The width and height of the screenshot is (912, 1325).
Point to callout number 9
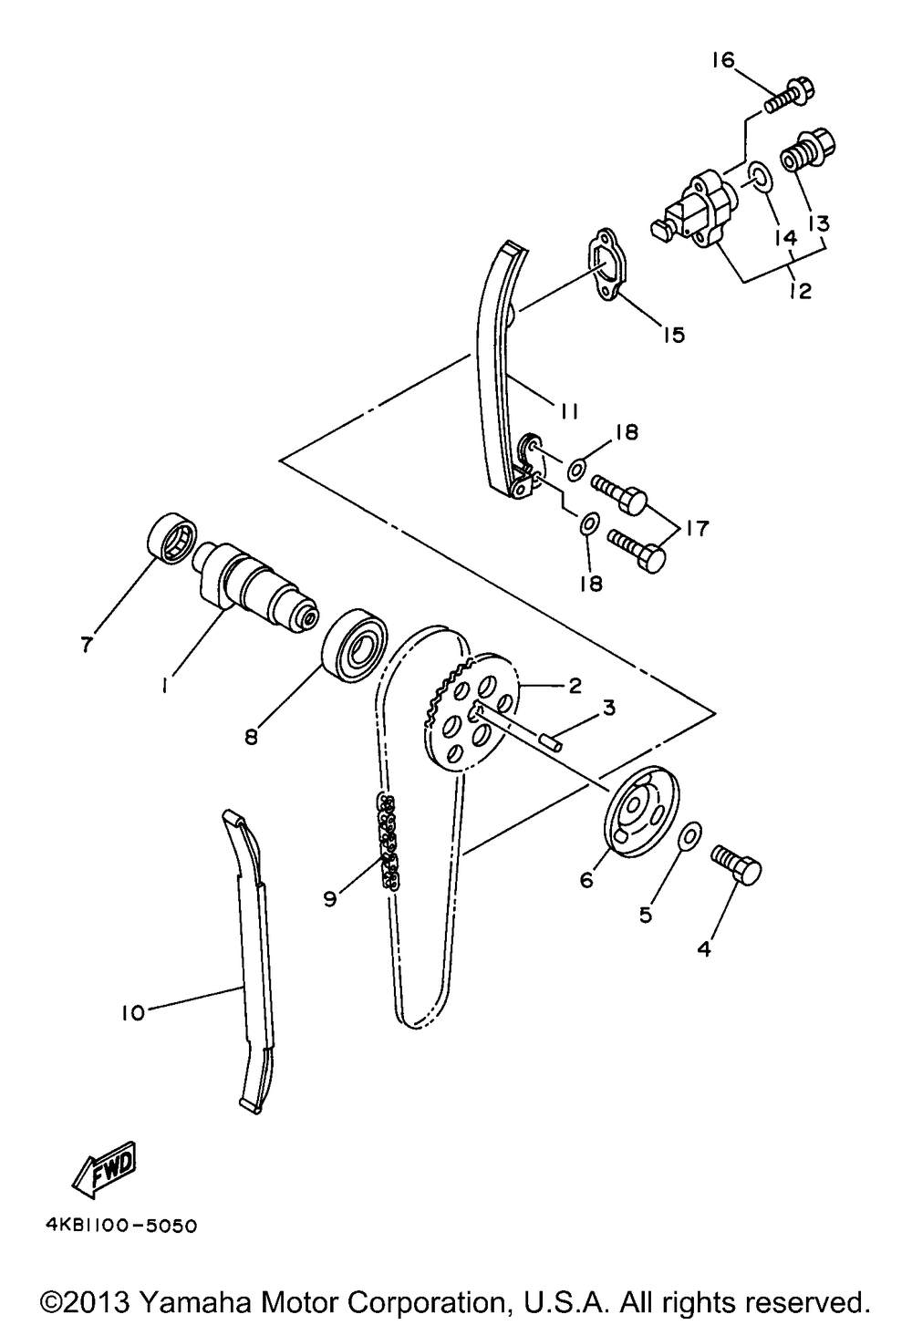coord(330,898)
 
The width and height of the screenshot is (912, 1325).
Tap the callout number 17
coord(696,528)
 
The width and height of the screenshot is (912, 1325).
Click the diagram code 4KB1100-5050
coord(120,1225)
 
